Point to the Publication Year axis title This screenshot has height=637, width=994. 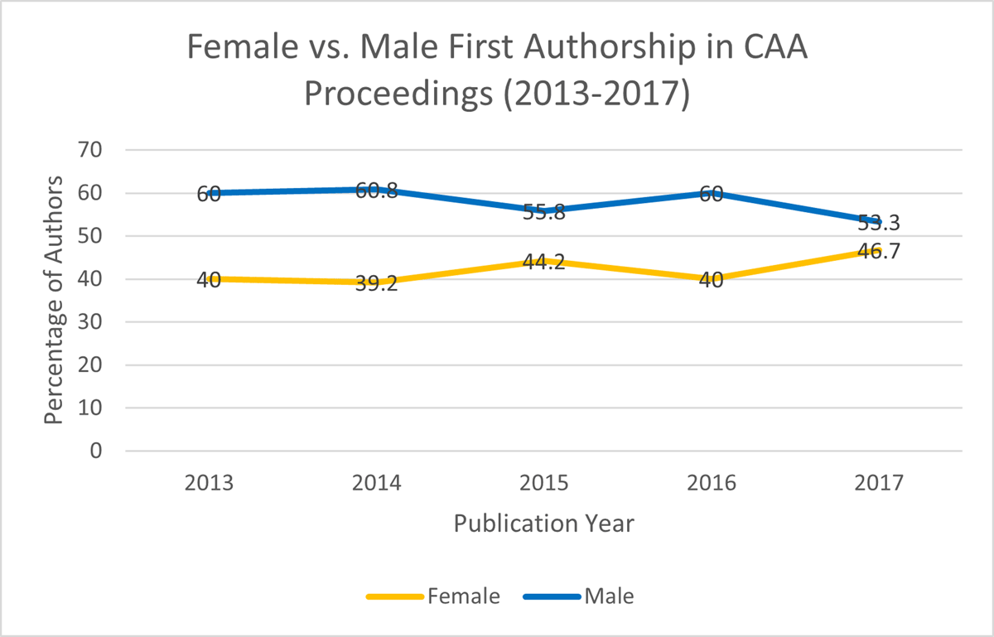[x=543, y=524]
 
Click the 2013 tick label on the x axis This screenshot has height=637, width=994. [x=209, y=483]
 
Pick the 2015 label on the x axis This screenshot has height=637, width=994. [x=543, y=483]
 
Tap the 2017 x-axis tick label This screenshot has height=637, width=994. [x=879, y=483]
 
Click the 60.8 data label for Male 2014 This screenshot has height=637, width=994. [x=376, y=191]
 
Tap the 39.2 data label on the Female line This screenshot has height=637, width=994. [x=376, y=285]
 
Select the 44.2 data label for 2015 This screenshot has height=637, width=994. [x=543, y=263]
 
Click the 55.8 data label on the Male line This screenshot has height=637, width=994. [x=543, y=213]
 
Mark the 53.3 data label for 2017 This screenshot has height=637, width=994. [x=878, y=223]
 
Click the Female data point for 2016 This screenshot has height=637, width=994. [x=712, y=279]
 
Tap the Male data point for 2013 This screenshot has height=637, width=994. [x=209, y=193]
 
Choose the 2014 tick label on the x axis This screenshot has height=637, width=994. [x=376, y=483]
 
